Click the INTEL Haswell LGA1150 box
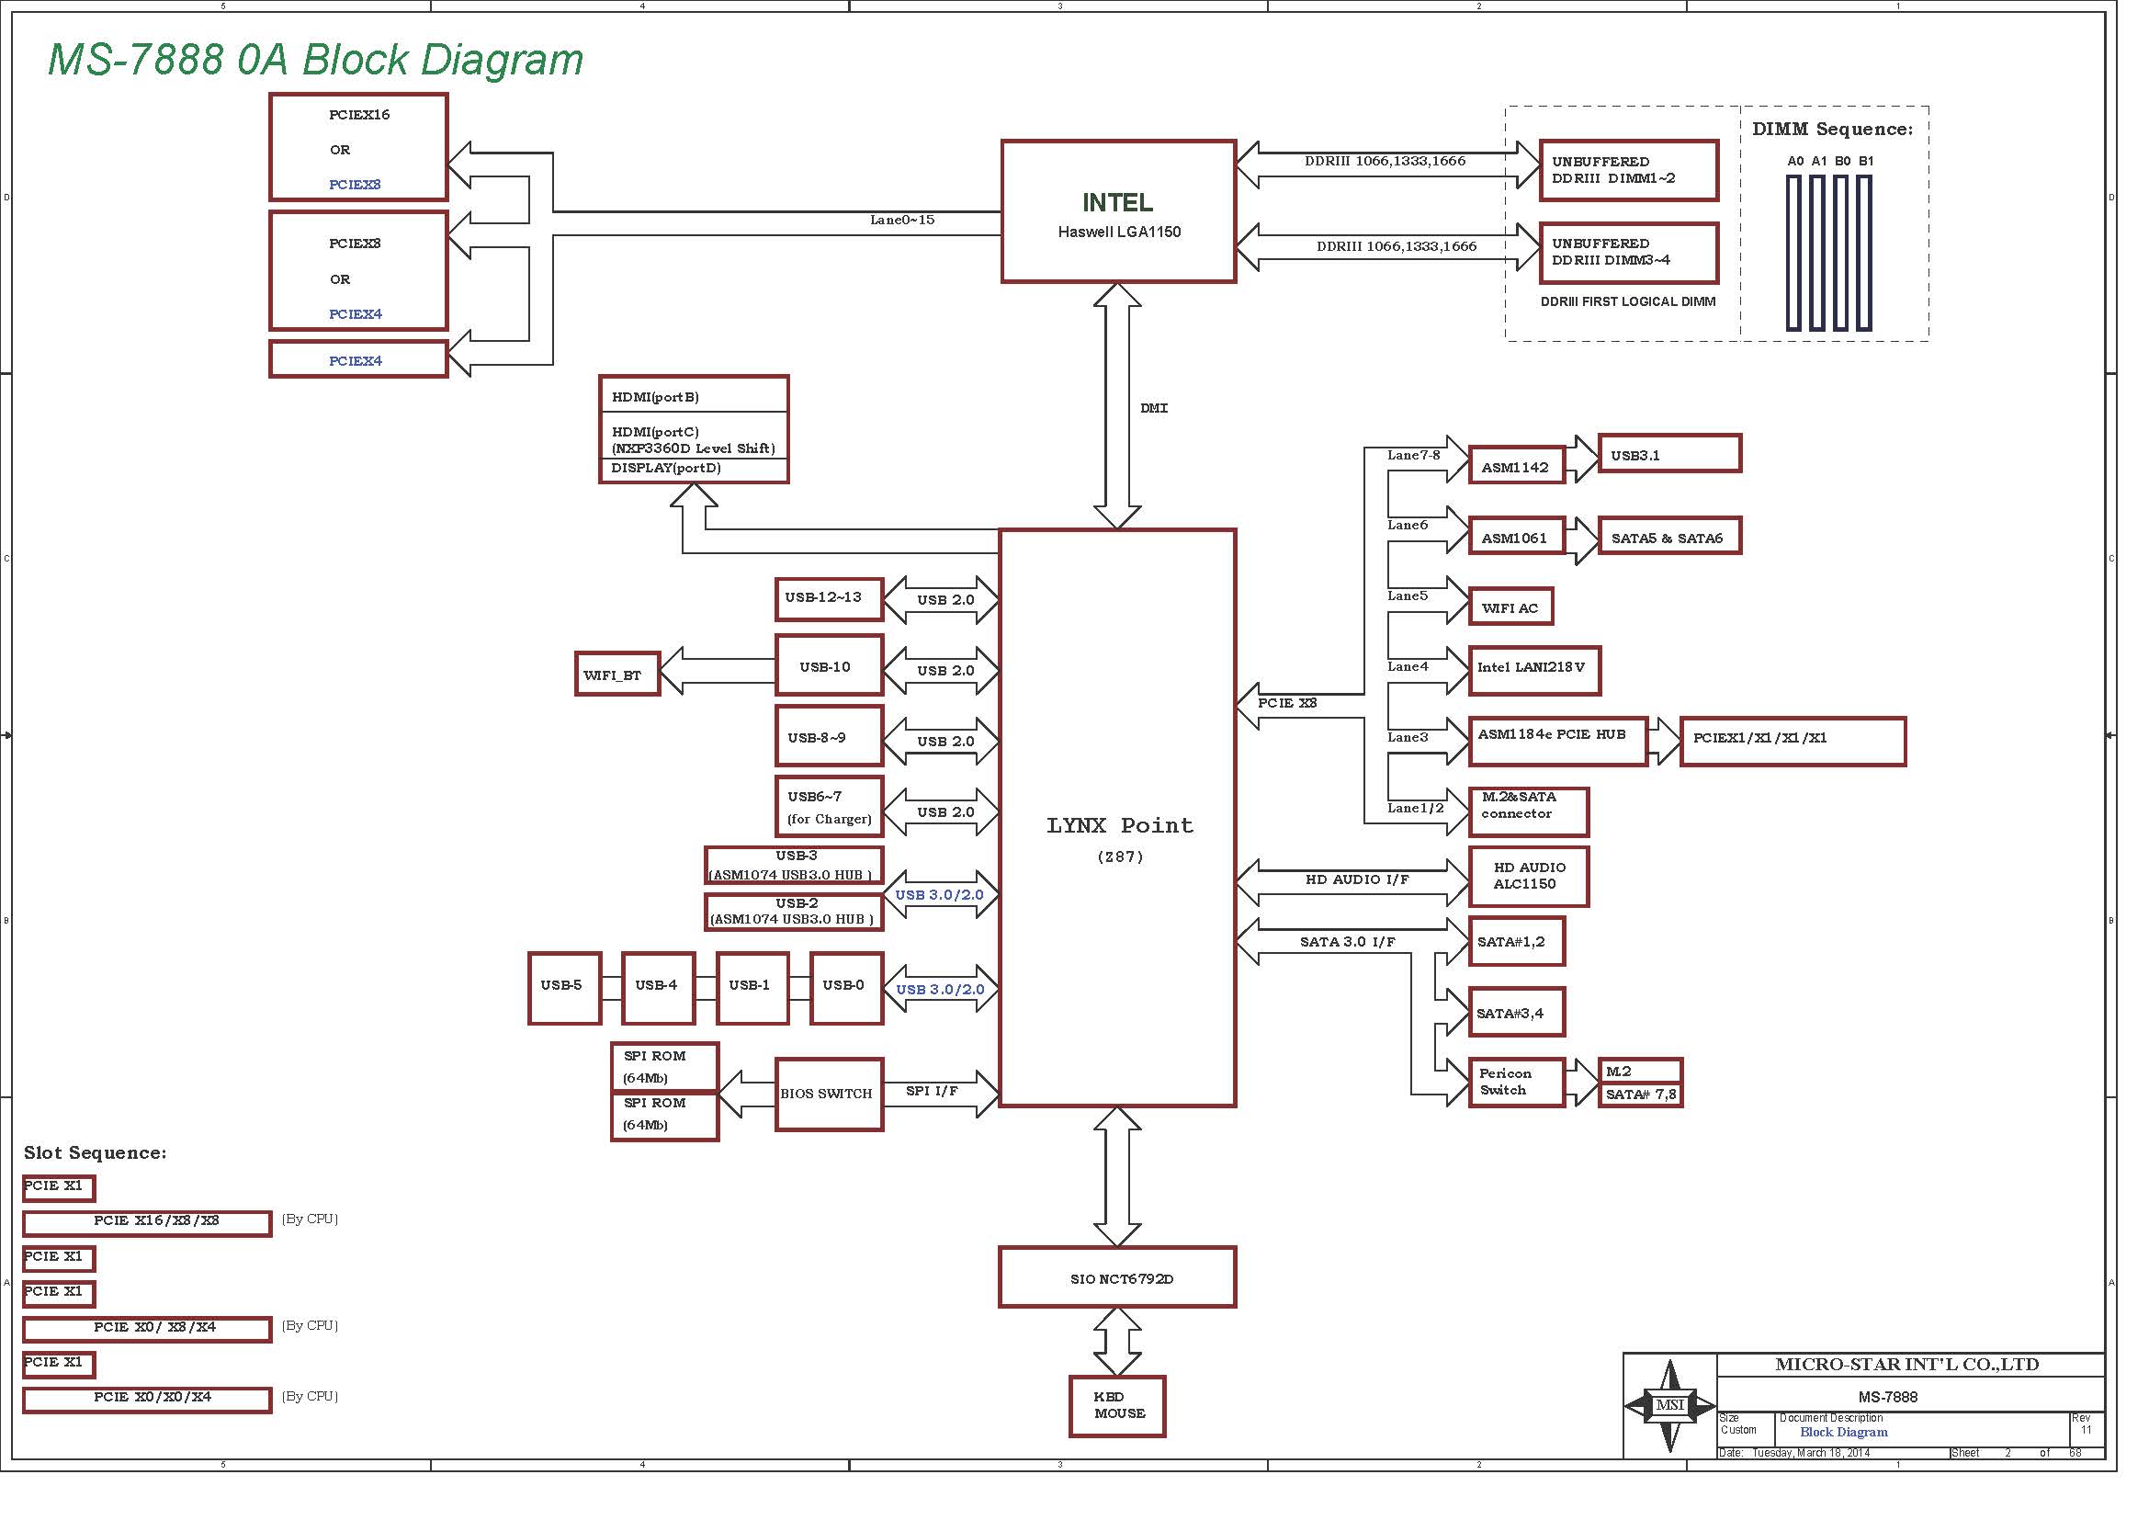coord(1118,211)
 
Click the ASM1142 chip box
coord(1516,465)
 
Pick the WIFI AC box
coord(1510,607)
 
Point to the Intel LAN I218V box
coord(1535,670)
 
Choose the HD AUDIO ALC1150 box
coord(1529,876)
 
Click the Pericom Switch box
coord(1516,1082)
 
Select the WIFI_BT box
coord(617,674)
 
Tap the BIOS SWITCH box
coord(830,1095)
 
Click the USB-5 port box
coord(564,989)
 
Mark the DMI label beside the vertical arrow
coord(1154,408)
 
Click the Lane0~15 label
coord(902,220)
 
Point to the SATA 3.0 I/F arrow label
coord(1347,942)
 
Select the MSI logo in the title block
coord(1669,1404)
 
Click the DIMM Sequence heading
coord(1833,130)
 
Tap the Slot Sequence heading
coord(96,1153)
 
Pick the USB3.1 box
coord(1669,454)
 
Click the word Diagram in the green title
coord(502,61)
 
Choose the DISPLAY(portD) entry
coord(666,468)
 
